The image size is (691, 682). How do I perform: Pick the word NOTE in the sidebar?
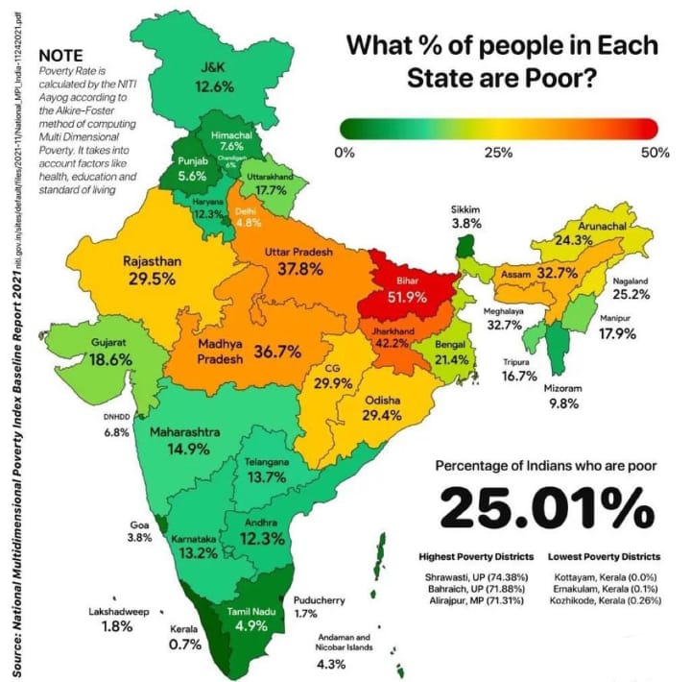(60, 57)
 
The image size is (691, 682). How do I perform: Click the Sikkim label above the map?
(465, 209)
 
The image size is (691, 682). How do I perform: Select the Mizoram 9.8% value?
(563, 403)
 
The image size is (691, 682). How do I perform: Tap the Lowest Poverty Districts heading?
(604, 556)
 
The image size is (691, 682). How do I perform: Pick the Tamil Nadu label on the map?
(250, 611)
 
